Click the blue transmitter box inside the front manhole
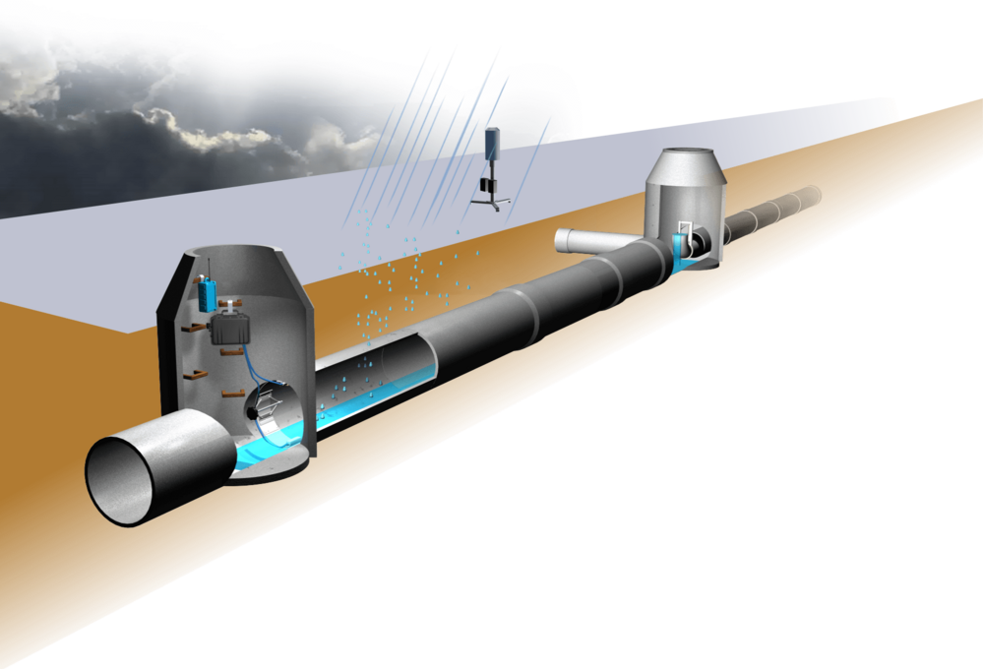tap(207, 294)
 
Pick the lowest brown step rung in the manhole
tap(233, 394)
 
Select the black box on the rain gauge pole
tap(485, 184)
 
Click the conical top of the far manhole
tap(687, 164)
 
